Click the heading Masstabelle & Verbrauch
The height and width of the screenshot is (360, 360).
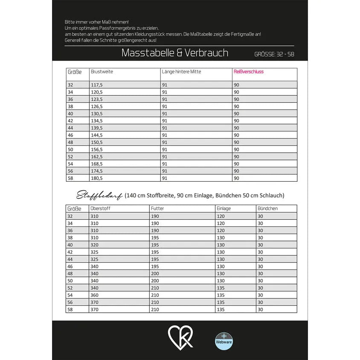pos(174,53)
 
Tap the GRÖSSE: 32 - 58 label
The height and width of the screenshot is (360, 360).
pos(274,54)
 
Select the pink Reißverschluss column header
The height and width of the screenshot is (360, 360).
pos(249,72)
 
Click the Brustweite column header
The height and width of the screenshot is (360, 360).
pos(102,72)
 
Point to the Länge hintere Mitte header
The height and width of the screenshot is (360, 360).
pos(181,72)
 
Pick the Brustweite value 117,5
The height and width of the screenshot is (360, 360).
pos(97,85)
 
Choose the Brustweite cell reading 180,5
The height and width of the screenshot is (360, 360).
pos(97,178)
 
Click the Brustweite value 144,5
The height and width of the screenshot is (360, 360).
pos(97,135)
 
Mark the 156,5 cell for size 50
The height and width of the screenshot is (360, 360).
pos(97,149)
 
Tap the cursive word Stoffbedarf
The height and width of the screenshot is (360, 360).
pos(100,196)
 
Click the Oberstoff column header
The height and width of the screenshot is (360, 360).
pos(101,209)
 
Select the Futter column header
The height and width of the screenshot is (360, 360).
pos(157,209)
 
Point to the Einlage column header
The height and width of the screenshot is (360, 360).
pos(224,209)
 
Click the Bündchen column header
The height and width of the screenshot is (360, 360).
pos(267,209)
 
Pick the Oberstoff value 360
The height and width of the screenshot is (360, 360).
pos(94,295)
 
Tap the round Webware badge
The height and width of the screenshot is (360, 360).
pos(224,341)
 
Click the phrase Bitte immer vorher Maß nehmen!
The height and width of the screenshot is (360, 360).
pos(96,21)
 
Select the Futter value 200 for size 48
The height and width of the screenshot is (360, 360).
pos(155,273)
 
